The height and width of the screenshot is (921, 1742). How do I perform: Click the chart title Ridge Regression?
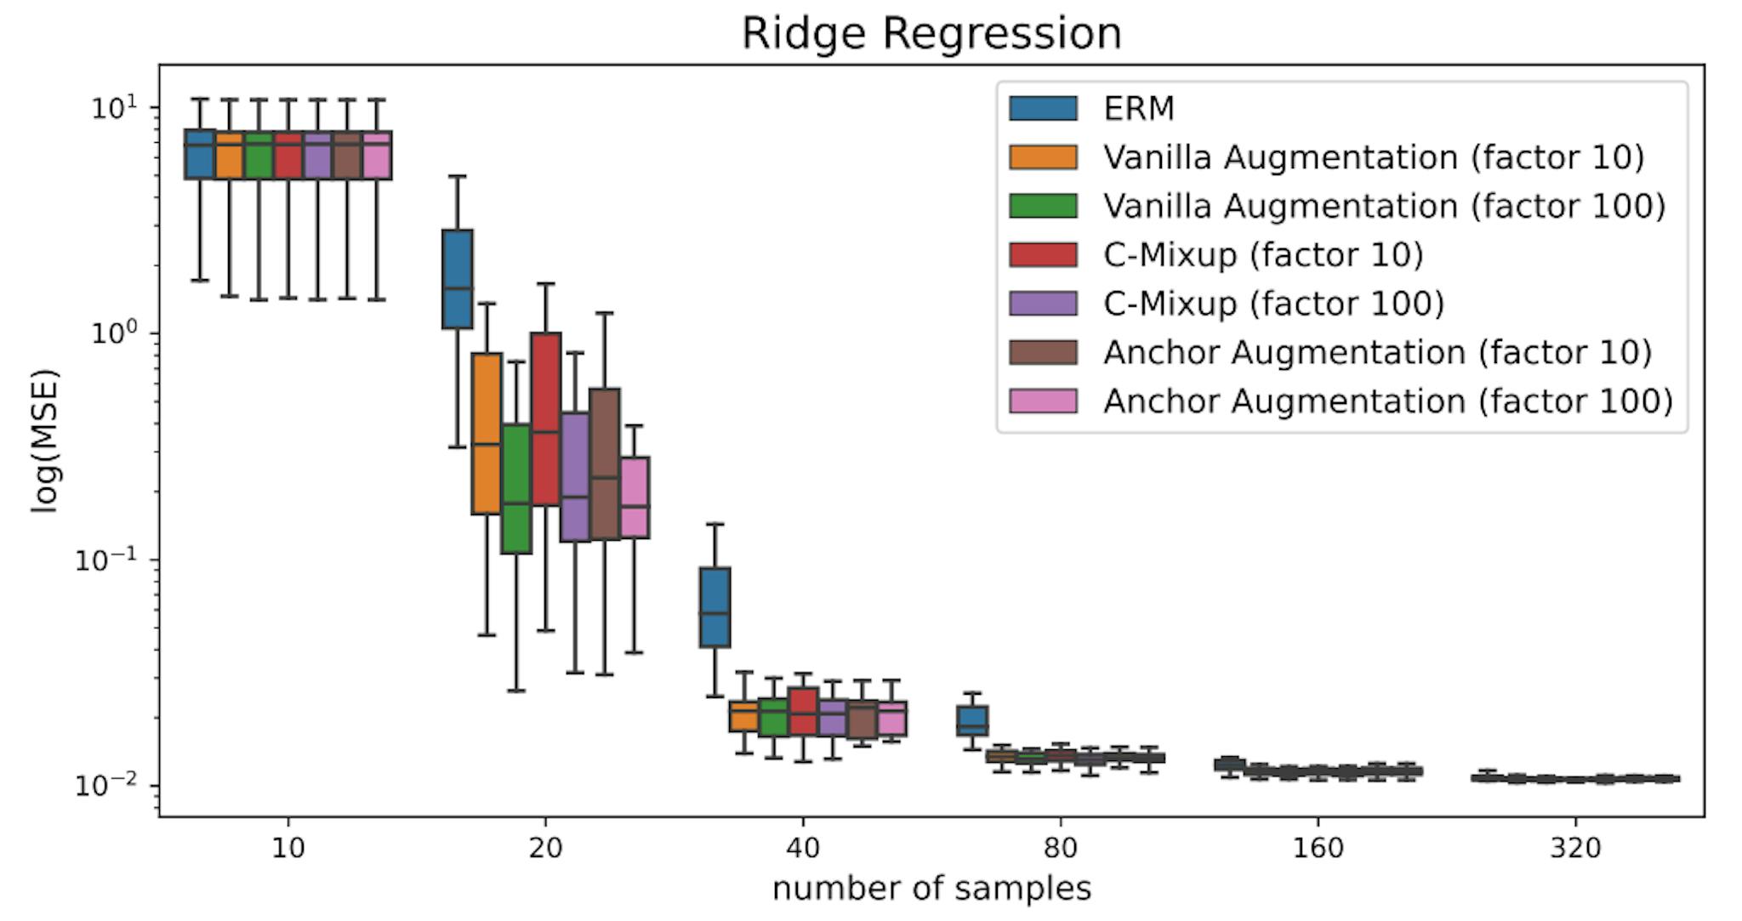(931, 34)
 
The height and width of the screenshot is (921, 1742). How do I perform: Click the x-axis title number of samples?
(931, 889)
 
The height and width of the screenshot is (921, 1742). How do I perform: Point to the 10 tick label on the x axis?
(288, 848)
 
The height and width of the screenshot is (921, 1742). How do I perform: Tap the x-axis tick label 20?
(545, 848)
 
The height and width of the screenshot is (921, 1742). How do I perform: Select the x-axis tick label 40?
(803, 848)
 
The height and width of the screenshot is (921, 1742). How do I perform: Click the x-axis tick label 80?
(1060, 848)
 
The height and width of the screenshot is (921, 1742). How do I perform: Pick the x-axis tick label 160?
(1318, 848)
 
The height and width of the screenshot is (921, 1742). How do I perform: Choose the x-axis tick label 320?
(1575, 848)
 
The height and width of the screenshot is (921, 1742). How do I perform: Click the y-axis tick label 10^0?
(114, 333)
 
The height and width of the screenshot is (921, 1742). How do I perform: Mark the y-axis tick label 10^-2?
(105, 784)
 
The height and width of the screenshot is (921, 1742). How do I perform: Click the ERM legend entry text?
(1139, 109)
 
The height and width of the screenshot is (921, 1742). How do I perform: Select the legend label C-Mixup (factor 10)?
(1263, 255)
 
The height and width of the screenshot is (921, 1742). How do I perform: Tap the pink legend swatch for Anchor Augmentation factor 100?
(1043, 401)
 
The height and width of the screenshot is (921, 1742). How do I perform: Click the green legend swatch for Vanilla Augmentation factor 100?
(1043, 206)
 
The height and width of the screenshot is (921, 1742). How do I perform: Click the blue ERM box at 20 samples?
(458, 279)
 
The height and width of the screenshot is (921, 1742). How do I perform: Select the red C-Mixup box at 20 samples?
(545, 417)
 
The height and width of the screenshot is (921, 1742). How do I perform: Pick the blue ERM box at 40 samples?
(714, 606)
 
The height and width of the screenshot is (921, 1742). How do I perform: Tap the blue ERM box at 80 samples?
(972, 721)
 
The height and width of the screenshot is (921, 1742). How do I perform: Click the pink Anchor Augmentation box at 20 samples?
(635, 497)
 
